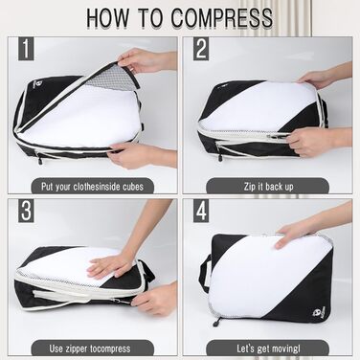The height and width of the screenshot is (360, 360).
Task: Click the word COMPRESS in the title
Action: pos(222,17)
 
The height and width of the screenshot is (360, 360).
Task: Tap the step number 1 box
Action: pos(26,49)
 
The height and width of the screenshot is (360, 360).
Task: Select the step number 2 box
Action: pos(201,49)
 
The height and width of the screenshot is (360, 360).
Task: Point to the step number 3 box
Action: pos(26,211)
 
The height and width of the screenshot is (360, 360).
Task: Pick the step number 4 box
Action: pos(201,211)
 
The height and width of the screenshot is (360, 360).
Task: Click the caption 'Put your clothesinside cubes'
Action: pos(92,187)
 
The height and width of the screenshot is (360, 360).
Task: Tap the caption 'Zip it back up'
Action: pos(268,187)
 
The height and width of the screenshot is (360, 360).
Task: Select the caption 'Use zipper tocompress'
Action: pos(90,349)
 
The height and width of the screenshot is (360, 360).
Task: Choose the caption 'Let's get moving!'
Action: pos(268,349)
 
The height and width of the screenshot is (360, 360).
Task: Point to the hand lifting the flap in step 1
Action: pos(146,60)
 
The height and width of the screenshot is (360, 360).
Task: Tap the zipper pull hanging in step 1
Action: pos(39,159)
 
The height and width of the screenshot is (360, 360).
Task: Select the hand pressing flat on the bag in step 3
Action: pos(110,264)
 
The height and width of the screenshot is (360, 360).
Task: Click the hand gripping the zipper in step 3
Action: pos(156,299)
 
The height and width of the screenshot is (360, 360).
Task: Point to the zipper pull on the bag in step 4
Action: pos(216,322)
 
